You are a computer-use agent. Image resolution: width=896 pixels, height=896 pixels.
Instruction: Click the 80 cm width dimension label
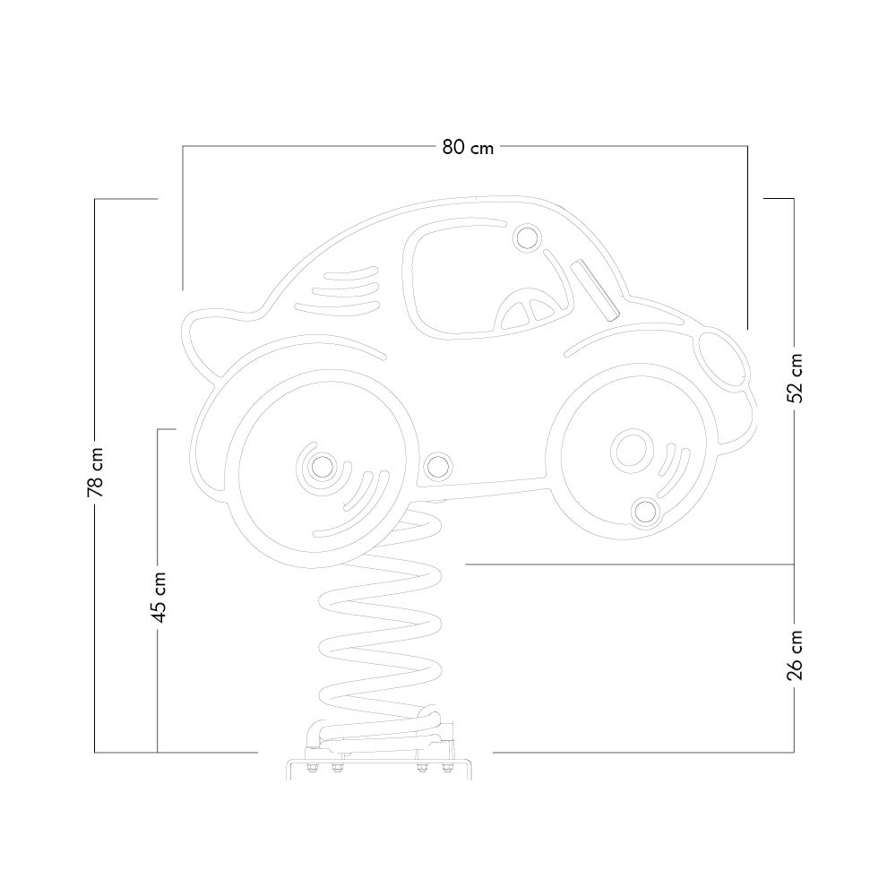468,148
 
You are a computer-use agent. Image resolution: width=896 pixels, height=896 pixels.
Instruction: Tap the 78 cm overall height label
96,472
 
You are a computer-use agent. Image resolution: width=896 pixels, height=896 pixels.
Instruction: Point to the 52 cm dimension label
795,378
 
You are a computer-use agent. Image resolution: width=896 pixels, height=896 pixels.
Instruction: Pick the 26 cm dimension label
795,656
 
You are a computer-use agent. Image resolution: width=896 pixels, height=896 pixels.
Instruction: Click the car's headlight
721,359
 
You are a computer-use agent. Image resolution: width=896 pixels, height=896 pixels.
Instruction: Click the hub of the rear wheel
323,467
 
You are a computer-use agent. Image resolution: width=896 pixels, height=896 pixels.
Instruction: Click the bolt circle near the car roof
526,237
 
